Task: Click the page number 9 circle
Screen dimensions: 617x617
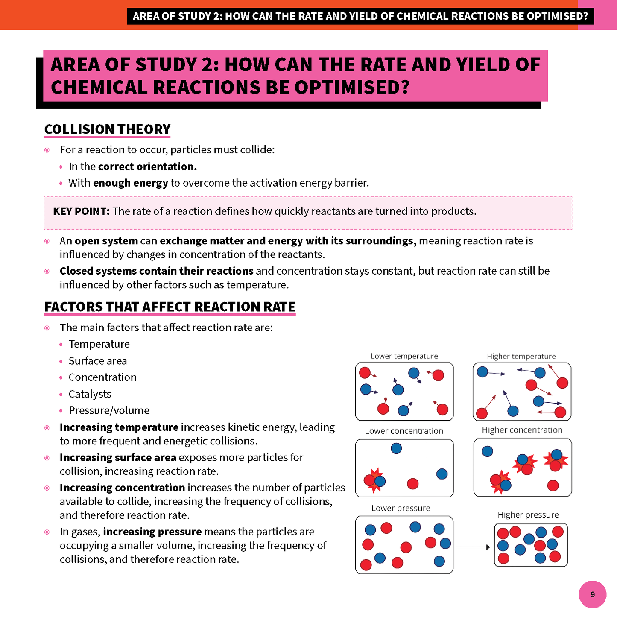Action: [592, 594]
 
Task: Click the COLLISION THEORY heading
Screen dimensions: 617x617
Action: [107, 129]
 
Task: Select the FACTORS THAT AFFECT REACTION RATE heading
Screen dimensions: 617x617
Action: [170, 307]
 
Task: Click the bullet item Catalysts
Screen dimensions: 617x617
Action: [90, 394]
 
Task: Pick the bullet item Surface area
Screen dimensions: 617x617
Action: [97, 361]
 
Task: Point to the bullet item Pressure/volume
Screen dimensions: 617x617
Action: [109, 410]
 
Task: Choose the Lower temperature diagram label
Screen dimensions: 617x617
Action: [404, 356]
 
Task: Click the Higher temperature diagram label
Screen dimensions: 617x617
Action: [521, 356]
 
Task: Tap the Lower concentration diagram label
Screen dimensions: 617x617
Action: [404, 431]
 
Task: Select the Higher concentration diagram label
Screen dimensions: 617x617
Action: [522, 430]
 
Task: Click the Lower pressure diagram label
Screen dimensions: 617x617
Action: [401, 508]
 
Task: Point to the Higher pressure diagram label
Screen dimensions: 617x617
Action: [528, 515]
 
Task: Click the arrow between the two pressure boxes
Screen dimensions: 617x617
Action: [473, 547]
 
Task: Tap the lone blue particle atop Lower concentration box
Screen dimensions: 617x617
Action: [396, 448]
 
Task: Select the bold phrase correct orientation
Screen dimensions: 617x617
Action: [147, 167]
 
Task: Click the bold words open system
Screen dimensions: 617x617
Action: [106, 241]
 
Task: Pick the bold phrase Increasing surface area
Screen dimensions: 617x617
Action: [118, 458]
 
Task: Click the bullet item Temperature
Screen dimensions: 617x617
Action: [99, 344]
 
